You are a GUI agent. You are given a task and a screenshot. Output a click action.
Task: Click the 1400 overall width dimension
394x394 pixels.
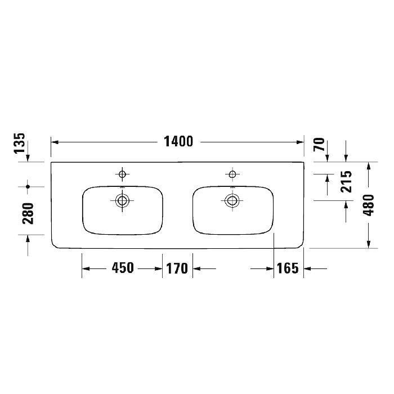click(x=178, y=141)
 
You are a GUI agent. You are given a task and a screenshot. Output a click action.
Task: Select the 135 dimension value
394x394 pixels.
click(x=19, y=143)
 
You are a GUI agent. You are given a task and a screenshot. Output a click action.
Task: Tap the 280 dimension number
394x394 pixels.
click(x=28, y=213)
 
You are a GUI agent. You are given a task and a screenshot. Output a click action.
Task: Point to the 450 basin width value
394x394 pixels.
click(x=123, y=268)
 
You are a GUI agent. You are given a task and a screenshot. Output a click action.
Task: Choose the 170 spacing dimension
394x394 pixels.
click(x=177, y=268)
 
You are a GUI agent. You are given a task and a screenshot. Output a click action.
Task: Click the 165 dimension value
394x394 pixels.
click(x=288, y=268)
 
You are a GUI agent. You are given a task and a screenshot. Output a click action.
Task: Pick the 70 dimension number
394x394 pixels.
click(x=319, y=144)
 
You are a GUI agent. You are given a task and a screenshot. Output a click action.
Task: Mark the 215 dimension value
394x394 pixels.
click(x=346, y=181)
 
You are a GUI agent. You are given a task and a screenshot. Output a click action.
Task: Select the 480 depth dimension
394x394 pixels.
click(x=369, y=205)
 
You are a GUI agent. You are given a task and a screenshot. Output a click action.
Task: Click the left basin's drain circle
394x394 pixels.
click(x=122, y=200)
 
